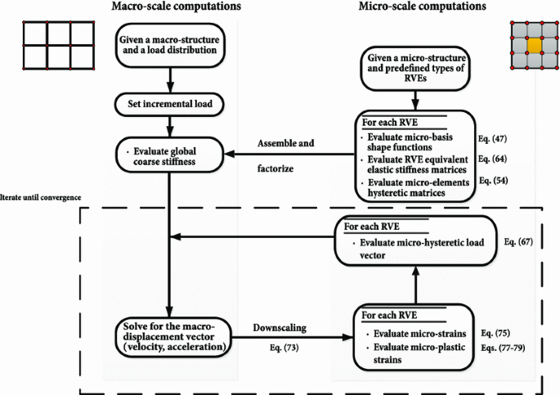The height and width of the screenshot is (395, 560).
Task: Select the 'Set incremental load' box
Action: pyautogui.click(x=168, y=105)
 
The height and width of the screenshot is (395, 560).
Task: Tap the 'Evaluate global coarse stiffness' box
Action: pyautogui.click(x=169, y=152)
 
